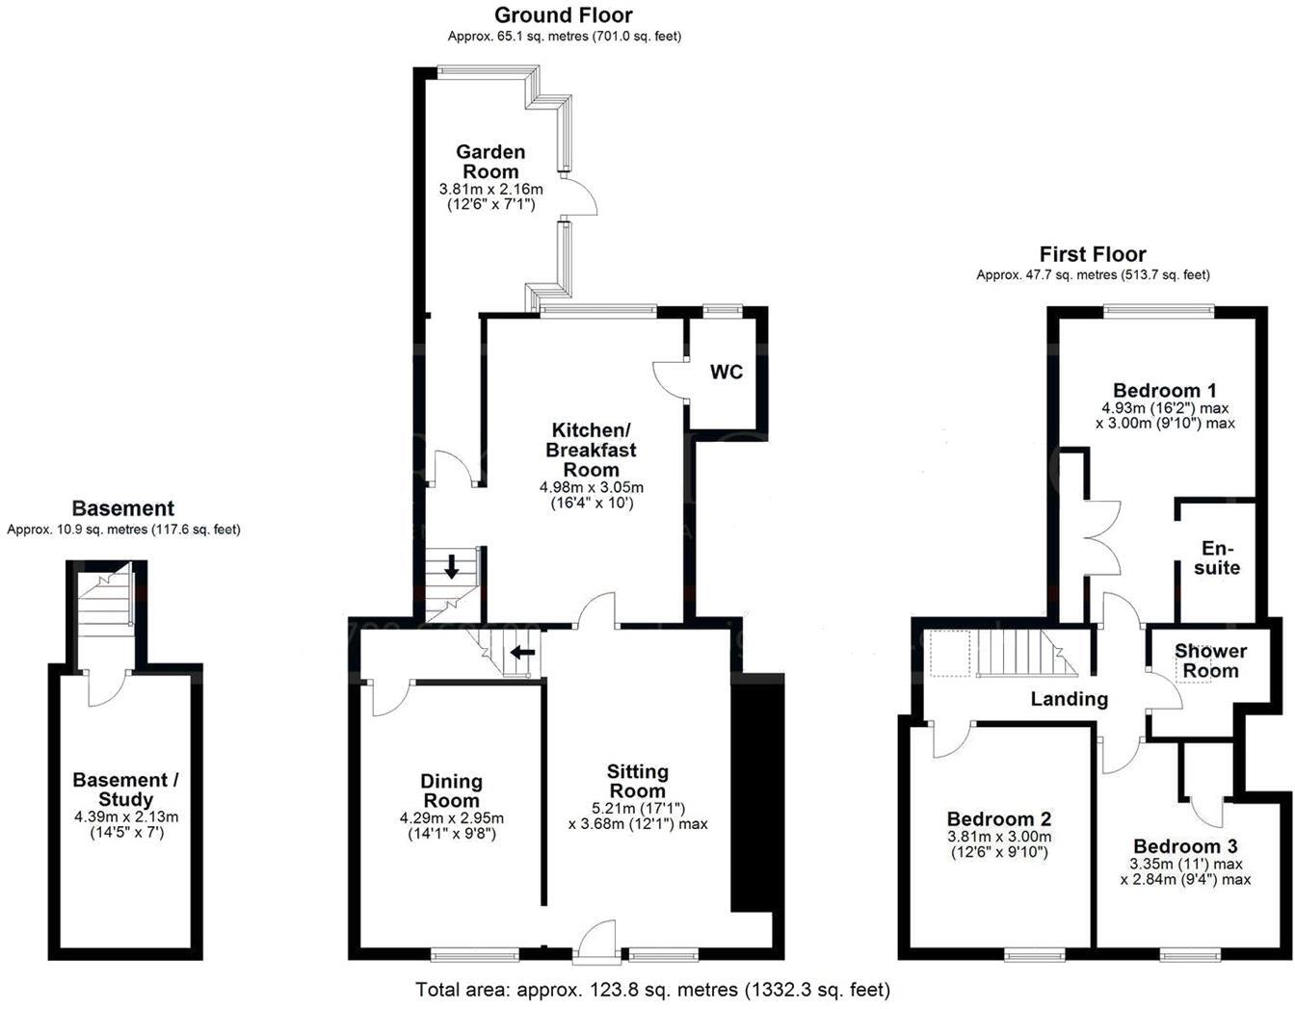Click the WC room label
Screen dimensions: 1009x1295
[727, 372]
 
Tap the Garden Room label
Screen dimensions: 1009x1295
[490, 162]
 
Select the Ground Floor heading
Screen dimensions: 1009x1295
[564, 15]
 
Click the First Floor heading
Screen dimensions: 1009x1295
[1093, 255]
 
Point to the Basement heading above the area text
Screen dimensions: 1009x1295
[123, 508]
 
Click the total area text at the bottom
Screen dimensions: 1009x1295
[652, 990]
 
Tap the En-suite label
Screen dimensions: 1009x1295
[1217, 558]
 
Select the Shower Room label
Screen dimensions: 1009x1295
[1210, 661]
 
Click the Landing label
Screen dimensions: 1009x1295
[1069, 699]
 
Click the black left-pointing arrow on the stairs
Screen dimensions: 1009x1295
[522, 653]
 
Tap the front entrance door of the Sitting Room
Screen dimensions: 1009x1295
[597, 941]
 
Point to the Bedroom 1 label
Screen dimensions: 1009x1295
[1164, 391]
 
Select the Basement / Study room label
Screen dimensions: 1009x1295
[125, 789]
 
